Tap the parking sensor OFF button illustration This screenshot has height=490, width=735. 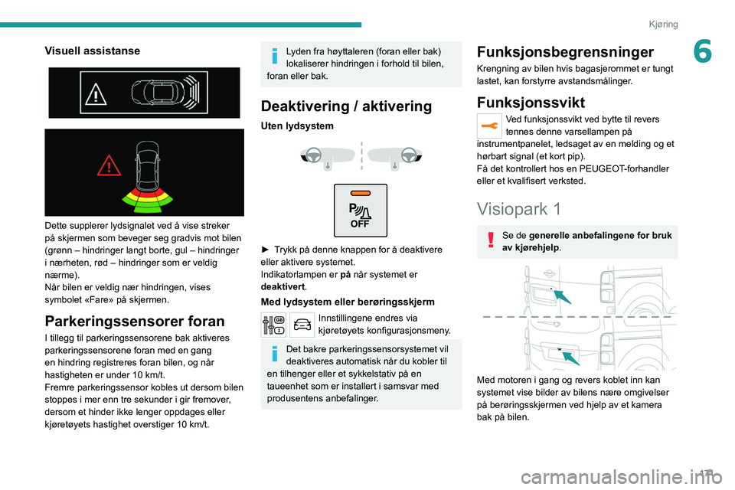(x=360, y=210)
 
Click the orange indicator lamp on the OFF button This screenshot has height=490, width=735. (x=360, y=193)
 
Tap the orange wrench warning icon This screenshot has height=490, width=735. (x=488, y=125)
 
